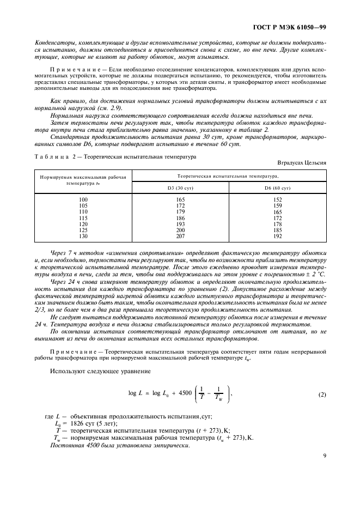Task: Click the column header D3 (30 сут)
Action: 180,188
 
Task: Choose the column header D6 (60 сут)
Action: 277,188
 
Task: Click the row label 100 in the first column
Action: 83,200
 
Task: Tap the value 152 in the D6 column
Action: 277,200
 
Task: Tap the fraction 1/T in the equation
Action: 203,393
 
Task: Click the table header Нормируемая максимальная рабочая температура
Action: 83,180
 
